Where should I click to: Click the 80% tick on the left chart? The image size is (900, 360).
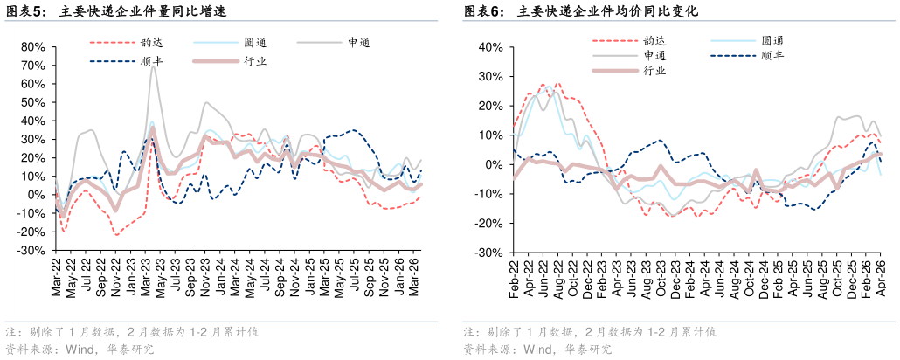[x=34, y=47]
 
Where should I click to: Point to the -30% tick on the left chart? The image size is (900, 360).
[x=33, y=250]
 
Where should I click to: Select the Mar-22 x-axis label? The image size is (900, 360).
[x=56, y=278]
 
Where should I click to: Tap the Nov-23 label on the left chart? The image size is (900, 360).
[x=205, y=278]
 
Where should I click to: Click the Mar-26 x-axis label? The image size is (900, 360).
[x=415, y=278]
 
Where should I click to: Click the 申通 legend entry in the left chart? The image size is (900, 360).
[x=334, y=42]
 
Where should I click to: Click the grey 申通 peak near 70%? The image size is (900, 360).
[x=153, y=66]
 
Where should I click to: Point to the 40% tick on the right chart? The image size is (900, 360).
[x=491, y=47]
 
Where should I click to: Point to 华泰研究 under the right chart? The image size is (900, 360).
[x=589, y=349]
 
